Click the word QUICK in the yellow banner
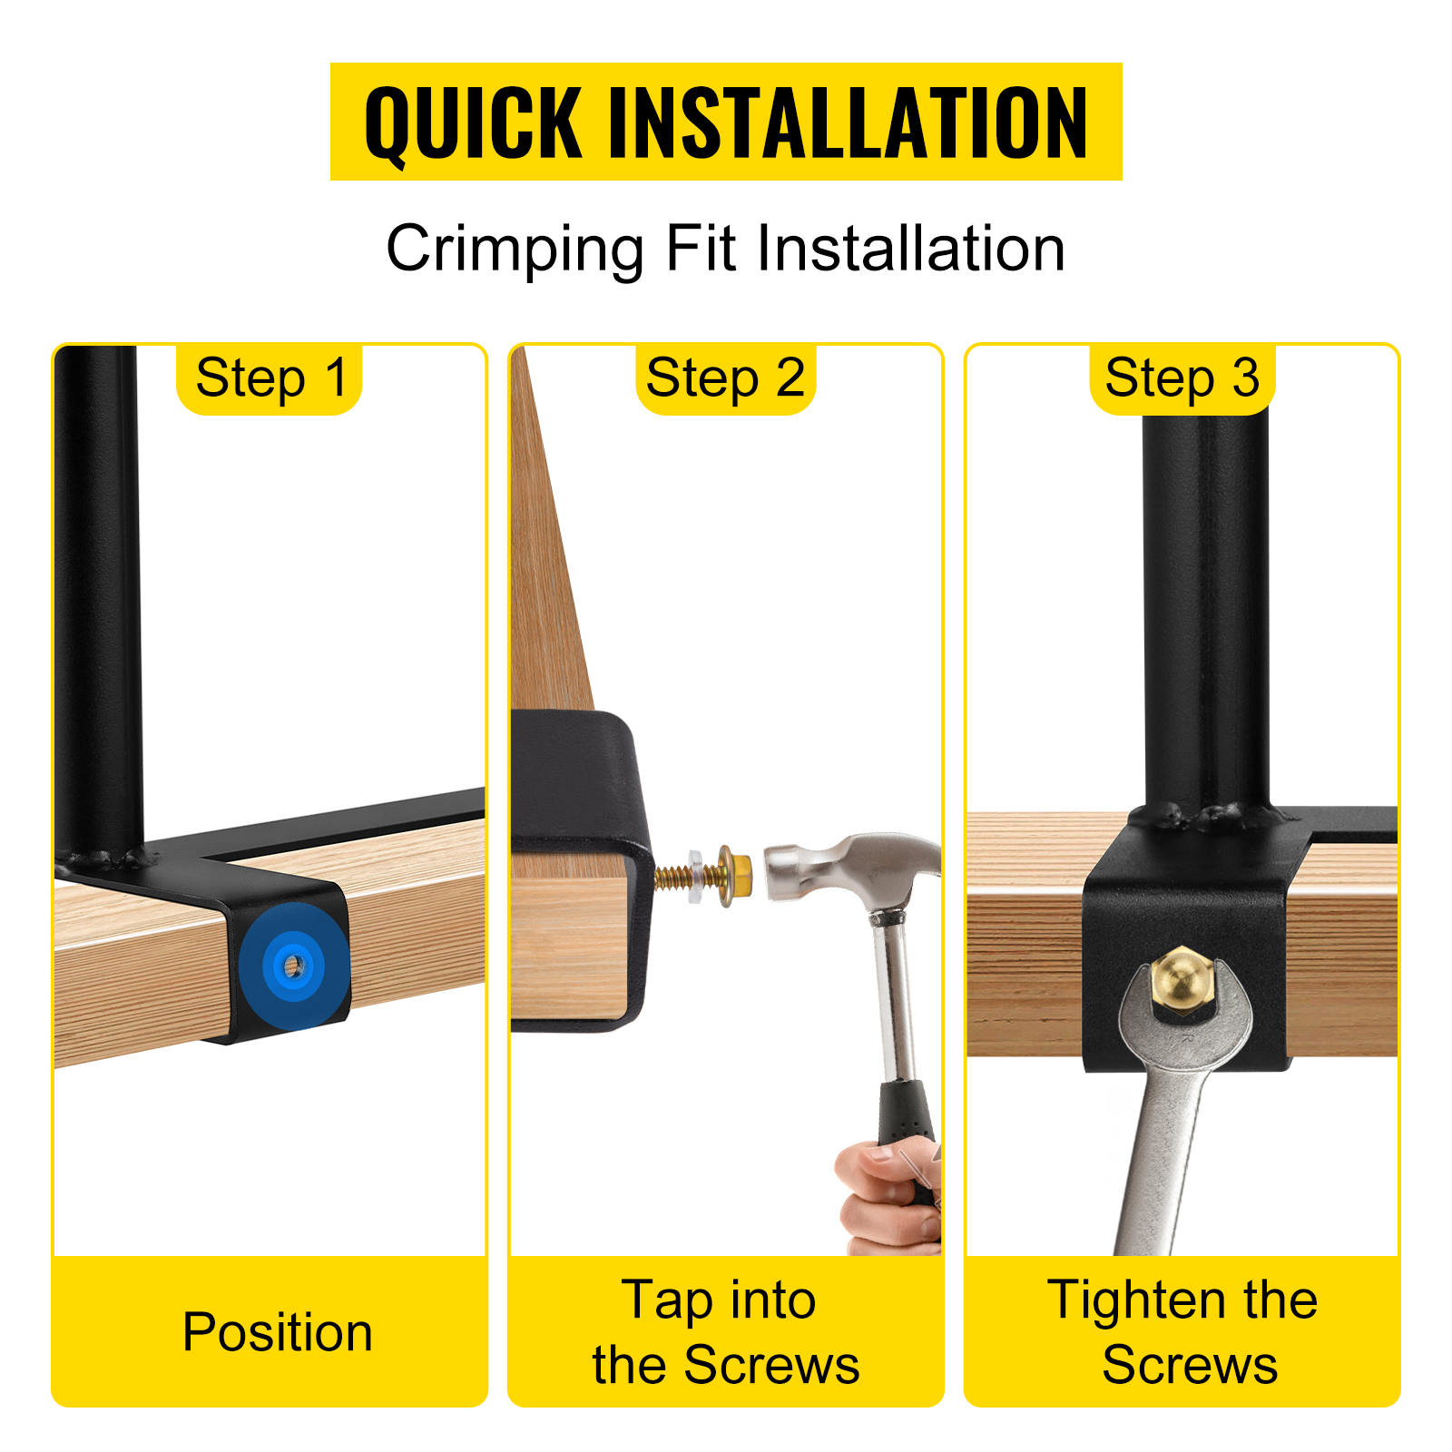pyautogui.click(x=473, y=123)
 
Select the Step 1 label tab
pyautogui.click(x=270, y=378)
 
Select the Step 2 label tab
pyautogui.click(x=725, y=378)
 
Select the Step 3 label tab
pyautogui.click(x=1182, y=378)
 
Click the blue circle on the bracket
pyautogui.click(x=293, y=966)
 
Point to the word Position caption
pyautogui.click(x=278, y=1332)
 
